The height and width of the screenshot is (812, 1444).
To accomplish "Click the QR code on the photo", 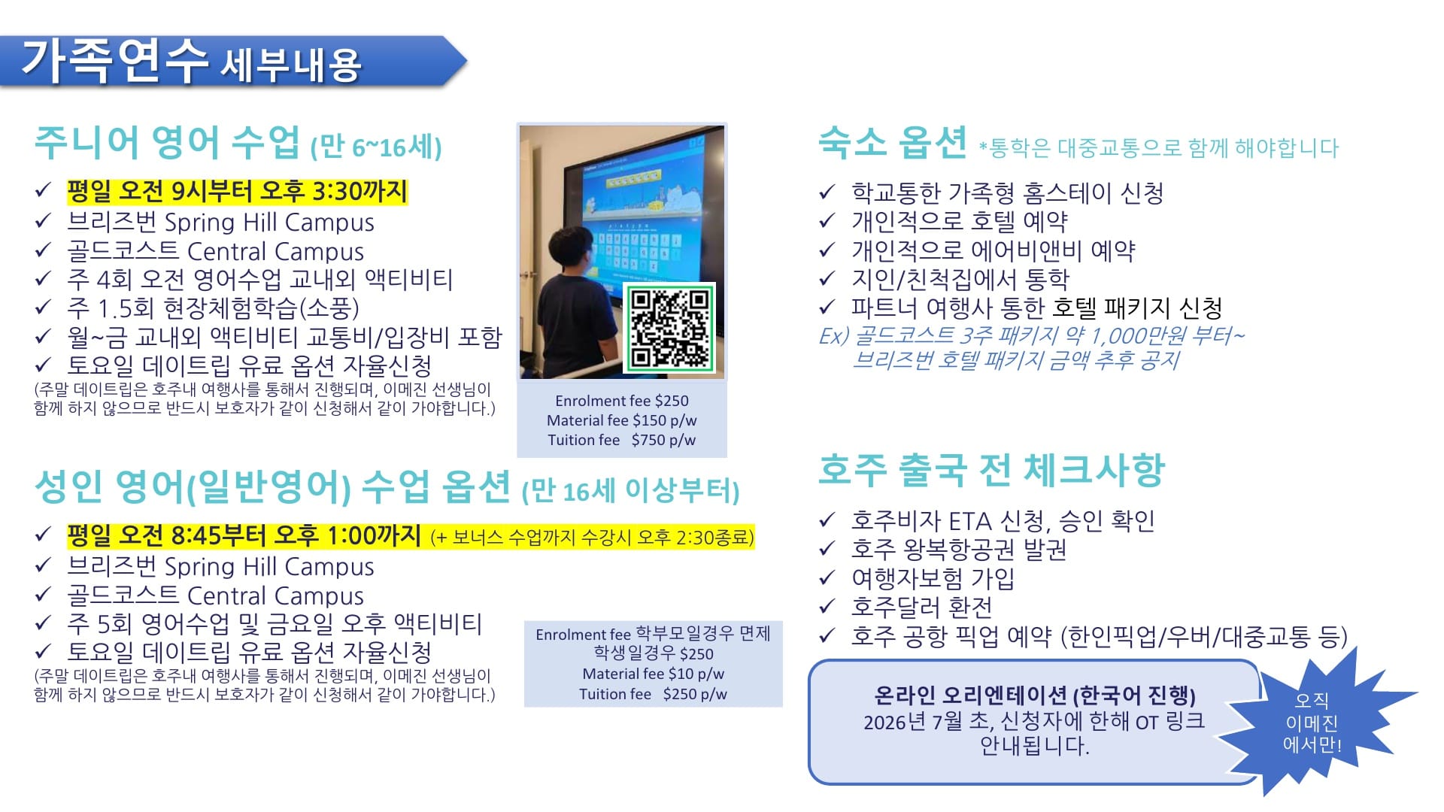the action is click(669, 327).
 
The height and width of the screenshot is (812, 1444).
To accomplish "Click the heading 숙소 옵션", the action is click(892, 142).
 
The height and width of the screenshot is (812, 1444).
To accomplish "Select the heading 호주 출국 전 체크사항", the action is click(991, 470).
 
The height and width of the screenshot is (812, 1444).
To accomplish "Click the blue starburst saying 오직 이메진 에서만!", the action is click(1312, 723).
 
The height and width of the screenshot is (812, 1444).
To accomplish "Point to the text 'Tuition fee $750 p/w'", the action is click(621, 440).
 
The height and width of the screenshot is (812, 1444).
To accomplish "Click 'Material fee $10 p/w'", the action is click(653, 674).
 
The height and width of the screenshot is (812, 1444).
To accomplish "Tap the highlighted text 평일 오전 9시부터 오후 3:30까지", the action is click(237, 191).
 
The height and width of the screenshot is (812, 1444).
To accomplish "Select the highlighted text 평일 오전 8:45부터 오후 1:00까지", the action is click(244, 535).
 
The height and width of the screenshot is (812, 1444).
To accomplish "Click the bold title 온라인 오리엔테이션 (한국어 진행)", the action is click(1034, 695).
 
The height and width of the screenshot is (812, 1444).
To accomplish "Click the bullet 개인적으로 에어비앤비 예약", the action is click(993, 250).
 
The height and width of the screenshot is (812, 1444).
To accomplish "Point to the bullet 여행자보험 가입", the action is click(933, 578).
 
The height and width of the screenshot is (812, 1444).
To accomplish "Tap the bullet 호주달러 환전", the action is click(921, 607).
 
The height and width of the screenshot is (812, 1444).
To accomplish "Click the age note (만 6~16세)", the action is click(376, 146).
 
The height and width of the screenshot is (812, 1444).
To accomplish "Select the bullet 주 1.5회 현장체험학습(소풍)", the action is click(213, 308).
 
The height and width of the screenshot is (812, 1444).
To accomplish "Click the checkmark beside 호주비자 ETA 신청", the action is click(827, 520).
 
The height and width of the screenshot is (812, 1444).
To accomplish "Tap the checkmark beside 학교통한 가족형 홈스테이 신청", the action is click(827, 192).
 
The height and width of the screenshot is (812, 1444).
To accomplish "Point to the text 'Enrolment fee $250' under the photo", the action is click(621, 401).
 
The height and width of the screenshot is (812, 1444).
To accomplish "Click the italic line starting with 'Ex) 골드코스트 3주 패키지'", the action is click(1031, 335).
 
